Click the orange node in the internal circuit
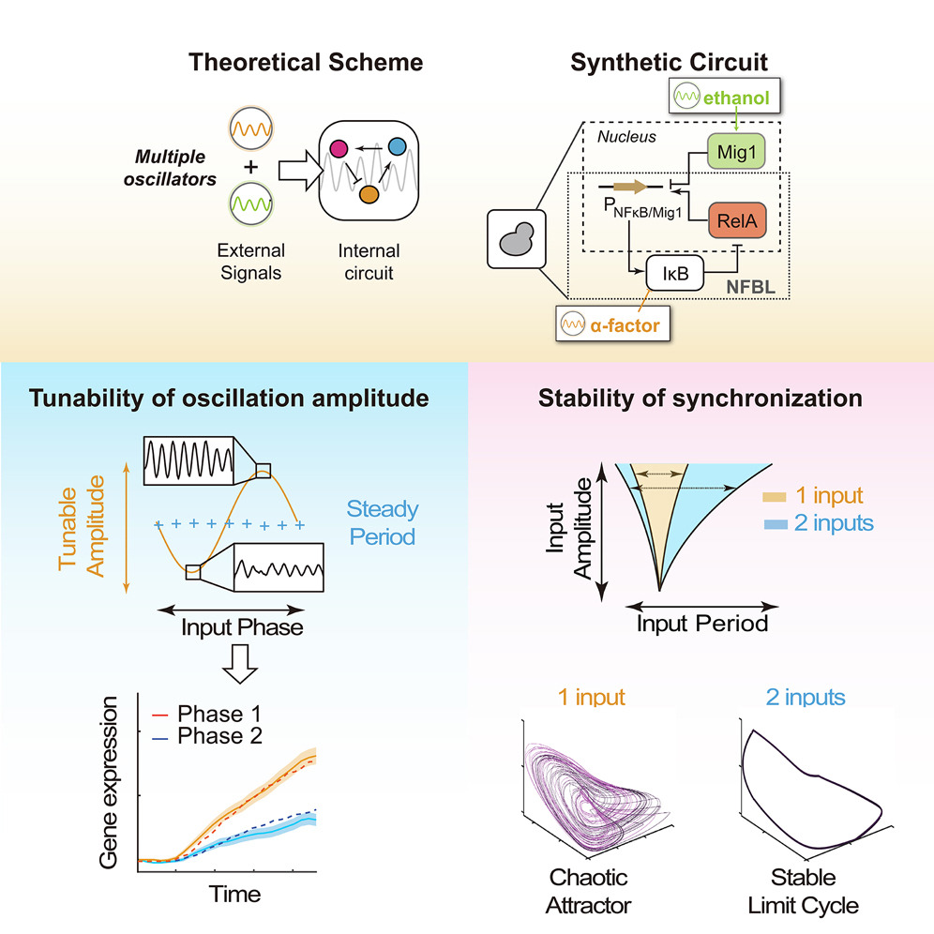tap(369, 194)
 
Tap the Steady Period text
tap(382, 522)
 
